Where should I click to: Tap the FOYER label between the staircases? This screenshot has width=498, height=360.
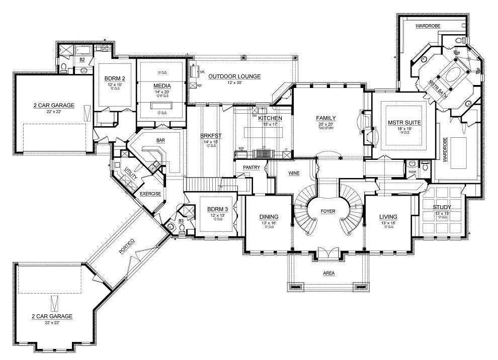point(328,211)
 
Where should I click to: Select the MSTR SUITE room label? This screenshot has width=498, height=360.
point(404,122)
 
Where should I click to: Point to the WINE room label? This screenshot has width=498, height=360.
point(294,173)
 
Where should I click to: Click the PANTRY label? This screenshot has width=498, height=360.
point(251,167)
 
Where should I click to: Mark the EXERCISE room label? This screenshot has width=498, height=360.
point(150,193)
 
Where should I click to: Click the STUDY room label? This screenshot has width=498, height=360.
point(442,207)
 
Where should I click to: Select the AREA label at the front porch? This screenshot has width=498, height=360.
point(328,273)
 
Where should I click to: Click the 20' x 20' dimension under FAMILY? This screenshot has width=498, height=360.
point(325,124)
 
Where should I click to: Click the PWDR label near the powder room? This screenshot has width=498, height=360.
point(412,172)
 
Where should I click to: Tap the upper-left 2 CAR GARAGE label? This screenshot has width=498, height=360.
point(50,106)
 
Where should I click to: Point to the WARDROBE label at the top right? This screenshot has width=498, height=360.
point(428,25)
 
